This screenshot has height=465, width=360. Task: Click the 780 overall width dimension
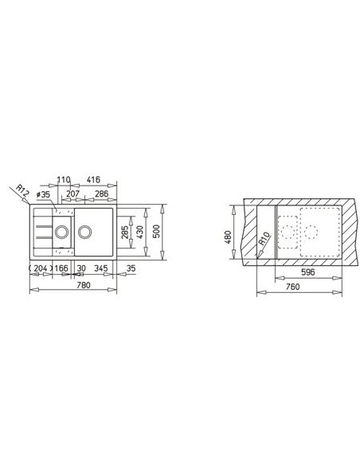pos(84,285)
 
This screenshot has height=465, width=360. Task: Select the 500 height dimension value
pos(157,232)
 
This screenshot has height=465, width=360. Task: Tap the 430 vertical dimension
pos(139,232)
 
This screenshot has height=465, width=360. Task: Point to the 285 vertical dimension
pos(125,232)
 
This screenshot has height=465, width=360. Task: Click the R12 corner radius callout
pos(22,191)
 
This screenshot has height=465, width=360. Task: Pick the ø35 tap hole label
pos(43,195)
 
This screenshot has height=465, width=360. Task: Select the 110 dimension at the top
pos(64,180)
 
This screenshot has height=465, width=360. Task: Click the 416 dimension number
pos(94,180)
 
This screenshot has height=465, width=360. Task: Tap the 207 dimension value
pos(72,193)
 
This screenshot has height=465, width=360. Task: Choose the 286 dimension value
pos(101,193)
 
